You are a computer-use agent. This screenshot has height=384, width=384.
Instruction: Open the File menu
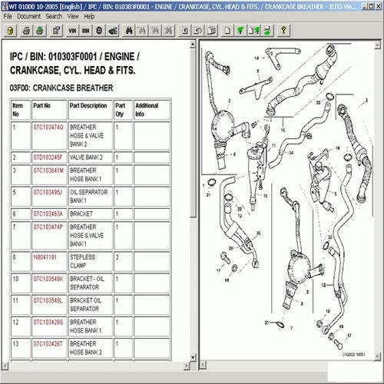(8, 15)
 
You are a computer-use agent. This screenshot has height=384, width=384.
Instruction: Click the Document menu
(28, 15)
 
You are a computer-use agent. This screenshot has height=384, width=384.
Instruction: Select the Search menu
(54, 15)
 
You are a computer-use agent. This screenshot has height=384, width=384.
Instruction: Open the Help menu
(90, 15)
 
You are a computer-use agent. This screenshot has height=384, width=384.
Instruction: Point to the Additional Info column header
(146, 108)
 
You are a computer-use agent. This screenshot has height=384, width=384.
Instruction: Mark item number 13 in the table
(15, 344)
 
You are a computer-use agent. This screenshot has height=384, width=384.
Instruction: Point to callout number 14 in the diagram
(282, 132)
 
